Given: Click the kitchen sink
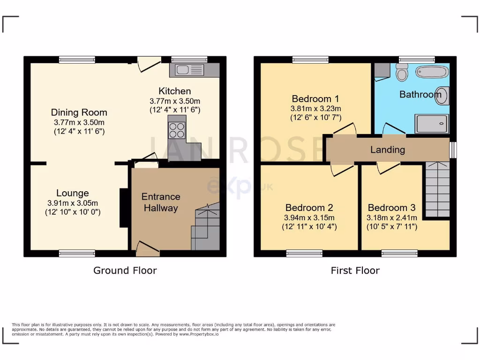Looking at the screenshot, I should [189, 70].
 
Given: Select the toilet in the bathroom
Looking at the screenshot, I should [401, 73].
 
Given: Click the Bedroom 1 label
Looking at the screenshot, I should [315, 99].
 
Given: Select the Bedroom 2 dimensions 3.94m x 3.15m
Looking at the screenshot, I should [309, 217].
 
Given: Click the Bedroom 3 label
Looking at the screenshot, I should [391, 208].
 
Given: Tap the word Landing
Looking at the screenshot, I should [387, 150].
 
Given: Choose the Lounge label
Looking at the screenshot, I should [73, 193].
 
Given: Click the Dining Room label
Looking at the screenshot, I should [79, 112].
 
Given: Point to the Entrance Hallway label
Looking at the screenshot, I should [161, 202].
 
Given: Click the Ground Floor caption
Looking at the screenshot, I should [125, 270].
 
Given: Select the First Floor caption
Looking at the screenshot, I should [355, 270].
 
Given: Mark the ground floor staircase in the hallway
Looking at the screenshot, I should [205, 228].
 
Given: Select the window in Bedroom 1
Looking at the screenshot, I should [310, 60].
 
